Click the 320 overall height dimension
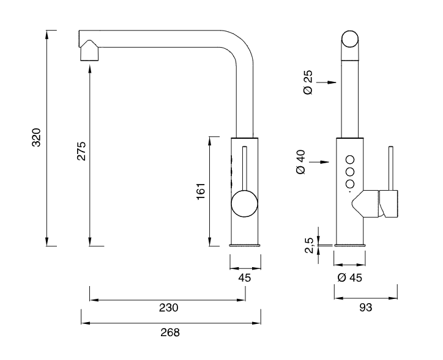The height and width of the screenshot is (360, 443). (x=36, y=138)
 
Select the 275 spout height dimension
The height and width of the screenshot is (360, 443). (x=81, y=151)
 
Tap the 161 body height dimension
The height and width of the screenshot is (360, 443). (x=200, y=191)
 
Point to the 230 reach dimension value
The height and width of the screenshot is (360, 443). (x=169, y=307)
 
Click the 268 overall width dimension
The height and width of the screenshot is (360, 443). (x=171, y=332)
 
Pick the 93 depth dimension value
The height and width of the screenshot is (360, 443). (x=366, y=307)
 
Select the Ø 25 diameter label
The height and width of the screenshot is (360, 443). (x=308, y=82)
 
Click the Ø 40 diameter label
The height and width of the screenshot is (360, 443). (x=300, y=163)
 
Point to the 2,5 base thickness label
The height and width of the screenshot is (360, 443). (x=309, y=246)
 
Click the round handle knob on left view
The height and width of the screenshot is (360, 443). (x=245, y=203)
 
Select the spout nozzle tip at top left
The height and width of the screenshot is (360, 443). (x=89, y=50)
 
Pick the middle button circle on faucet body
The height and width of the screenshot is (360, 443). (x=351, y=171)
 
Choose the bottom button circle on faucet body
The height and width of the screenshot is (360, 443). (x=351, y=184)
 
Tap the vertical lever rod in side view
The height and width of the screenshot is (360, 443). (x=389, y=168)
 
